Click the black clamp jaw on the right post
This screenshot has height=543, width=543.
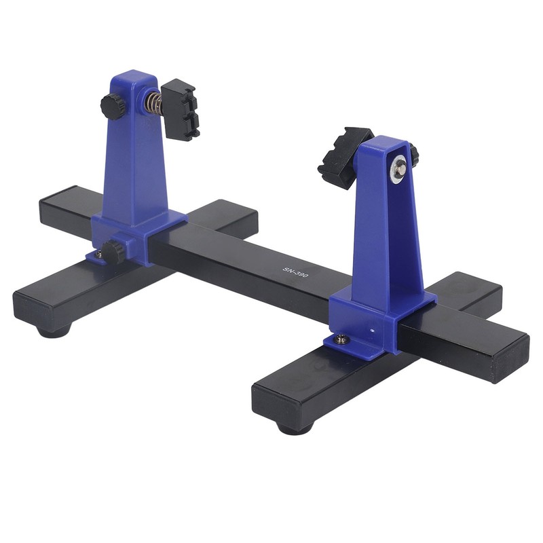(x=343, y=156)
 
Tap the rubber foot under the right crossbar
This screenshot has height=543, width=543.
(x=294, y=428)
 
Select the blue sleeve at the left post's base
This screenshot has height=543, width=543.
(x=146, y=234)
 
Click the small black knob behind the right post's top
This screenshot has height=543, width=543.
(x=414, y=155)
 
